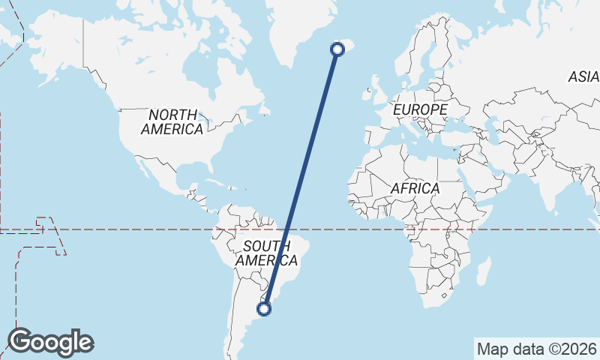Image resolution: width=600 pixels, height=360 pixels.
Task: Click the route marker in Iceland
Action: (337, 49)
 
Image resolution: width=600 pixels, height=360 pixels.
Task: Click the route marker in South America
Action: (265, 307)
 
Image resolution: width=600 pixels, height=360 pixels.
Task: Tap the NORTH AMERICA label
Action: (172, 121)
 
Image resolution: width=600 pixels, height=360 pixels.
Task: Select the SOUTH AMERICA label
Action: (266, 253)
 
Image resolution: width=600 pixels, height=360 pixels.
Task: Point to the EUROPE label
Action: (420, 109)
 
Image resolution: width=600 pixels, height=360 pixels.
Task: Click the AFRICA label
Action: (415, 188)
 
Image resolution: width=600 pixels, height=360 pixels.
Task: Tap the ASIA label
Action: (583, 76)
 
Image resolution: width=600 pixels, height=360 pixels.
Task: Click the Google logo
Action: (50, 342)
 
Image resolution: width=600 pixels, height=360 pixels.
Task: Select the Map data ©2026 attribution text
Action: (536, 349)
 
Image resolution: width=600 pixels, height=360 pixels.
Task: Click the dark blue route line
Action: (301, 178)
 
